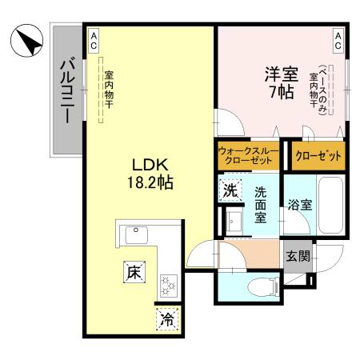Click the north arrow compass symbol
26,40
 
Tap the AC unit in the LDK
94,41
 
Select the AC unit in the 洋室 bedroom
338,41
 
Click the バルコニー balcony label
67,90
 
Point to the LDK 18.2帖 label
150,174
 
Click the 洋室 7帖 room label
282,83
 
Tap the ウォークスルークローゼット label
248,155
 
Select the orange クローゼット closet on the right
318,156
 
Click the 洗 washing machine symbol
230,190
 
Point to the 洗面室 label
260,205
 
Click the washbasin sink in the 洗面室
234,222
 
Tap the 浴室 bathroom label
300,205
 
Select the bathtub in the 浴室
330,205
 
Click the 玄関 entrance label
298,257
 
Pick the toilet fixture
263,287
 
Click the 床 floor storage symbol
134,272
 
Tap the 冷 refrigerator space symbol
167,319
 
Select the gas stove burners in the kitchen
169,286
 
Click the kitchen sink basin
137,235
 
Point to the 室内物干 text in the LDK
109,90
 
